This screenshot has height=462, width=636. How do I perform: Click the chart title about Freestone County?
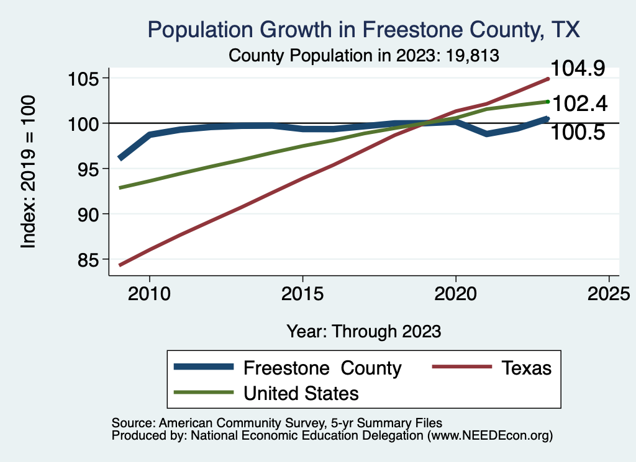[x=363, y=29]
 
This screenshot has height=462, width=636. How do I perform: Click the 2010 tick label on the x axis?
[x=149, y=293]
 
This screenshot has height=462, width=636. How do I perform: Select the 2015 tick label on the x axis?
[x=302, y=293]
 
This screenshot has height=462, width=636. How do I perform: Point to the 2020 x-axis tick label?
[x=456, y=293]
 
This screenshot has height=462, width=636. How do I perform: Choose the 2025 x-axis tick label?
[x=609, y=293]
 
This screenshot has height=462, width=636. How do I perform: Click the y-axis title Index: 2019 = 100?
[x=29, y=172]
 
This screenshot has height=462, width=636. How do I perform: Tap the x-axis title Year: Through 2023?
[x=364, y=331]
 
